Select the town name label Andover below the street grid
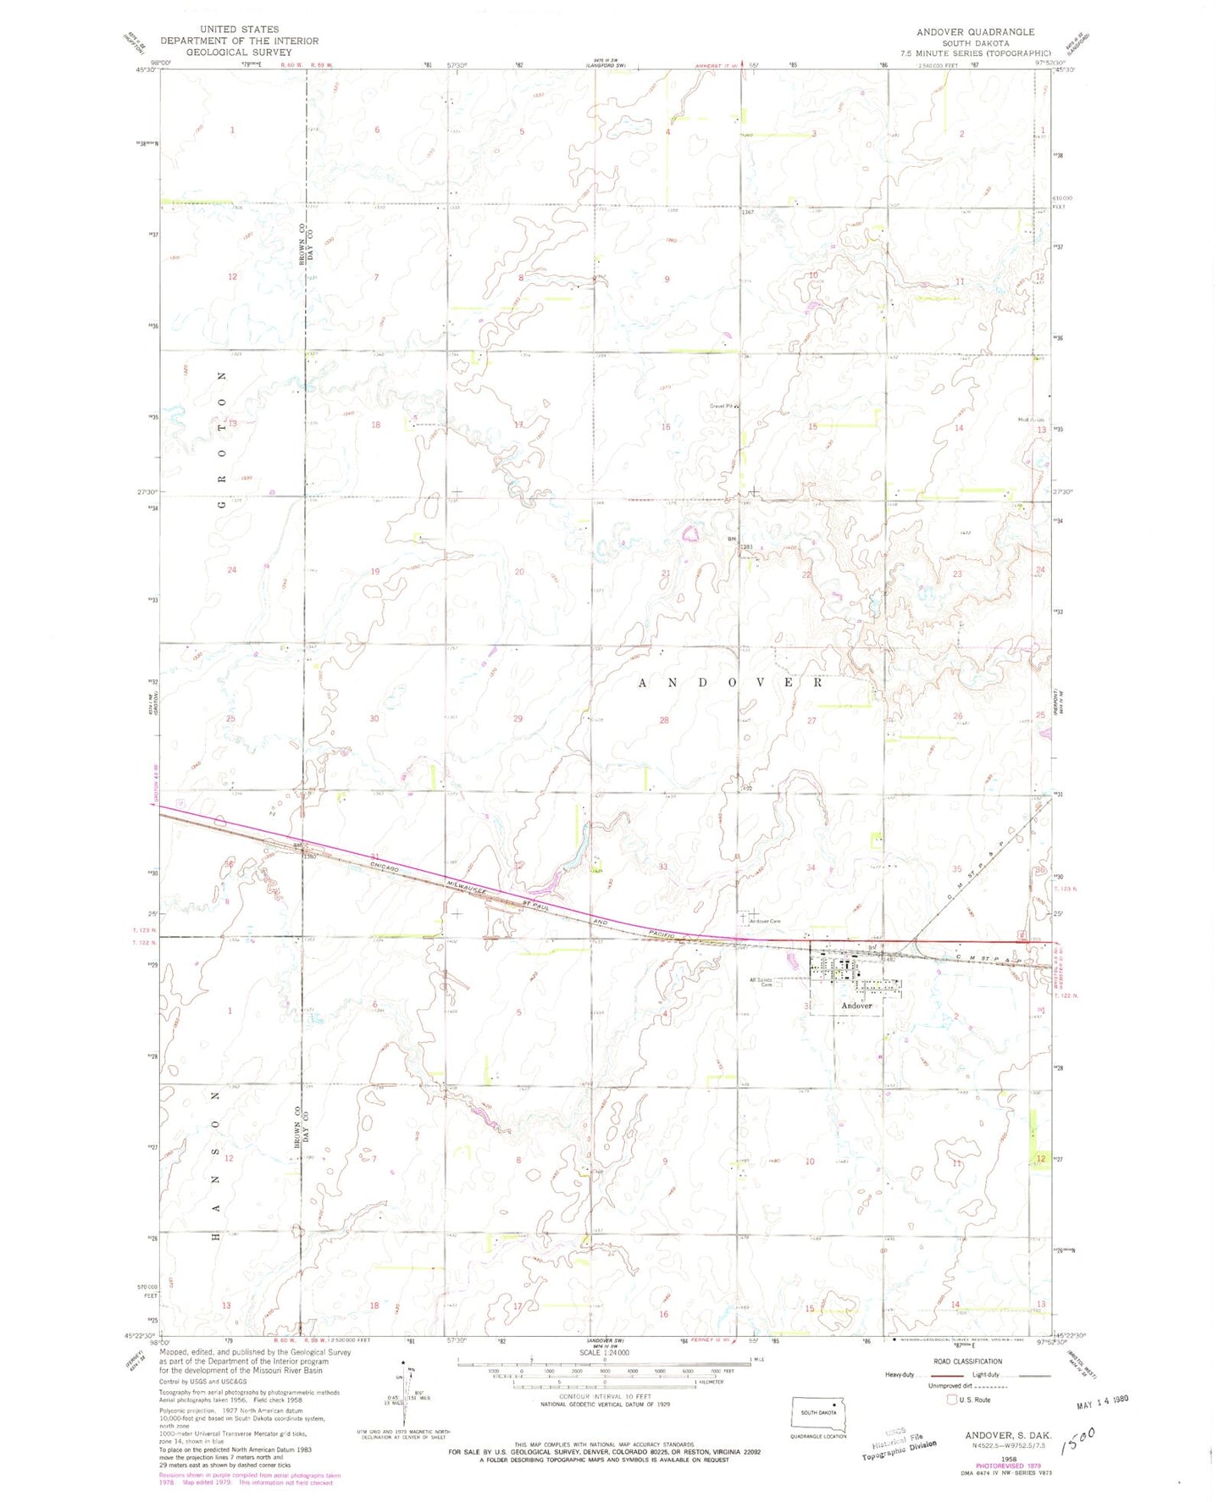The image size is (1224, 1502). coord(856,1006)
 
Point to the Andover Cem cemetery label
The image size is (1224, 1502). coord(763,921)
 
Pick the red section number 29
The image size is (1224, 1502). coord(518,718)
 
